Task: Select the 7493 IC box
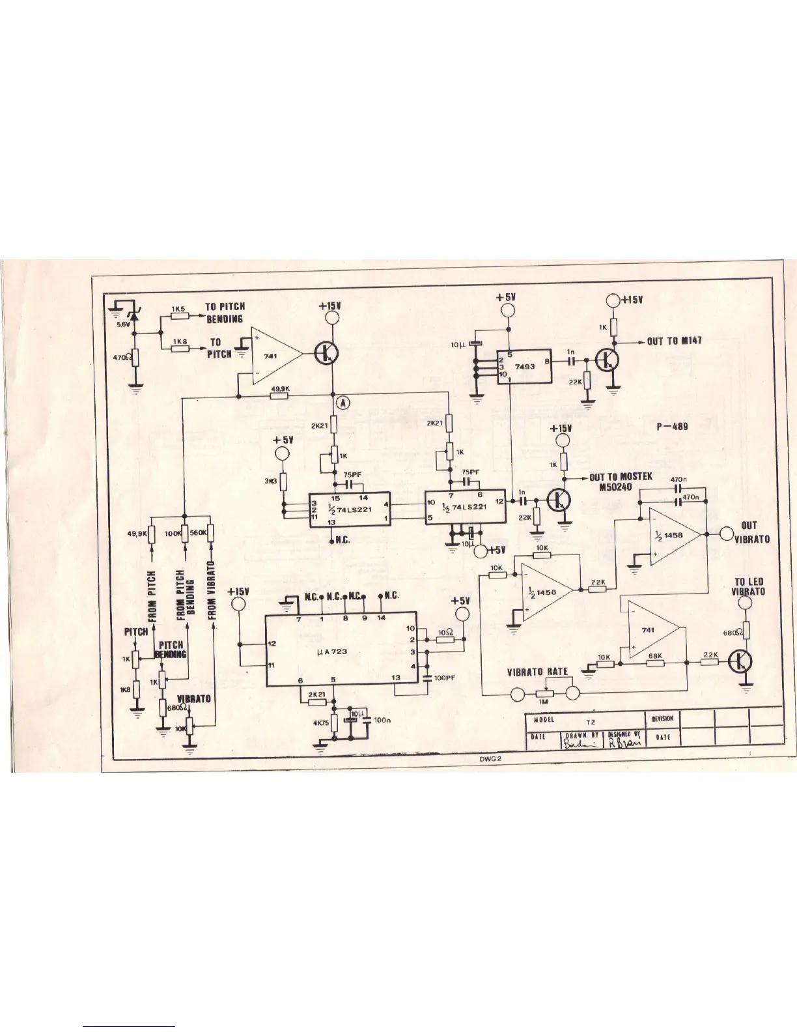(x=524, y=367)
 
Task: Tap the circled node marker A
(x=343, y=403)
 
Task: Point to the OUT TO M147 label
(x=675, y=341)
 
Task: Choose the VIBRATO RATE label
(x=537, y=672)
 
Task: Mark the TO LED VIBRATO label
(x=749, y=586)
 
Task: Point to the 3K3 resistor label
(x=272, y=482)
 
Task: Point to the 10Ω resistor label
(x=444, y=633)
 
